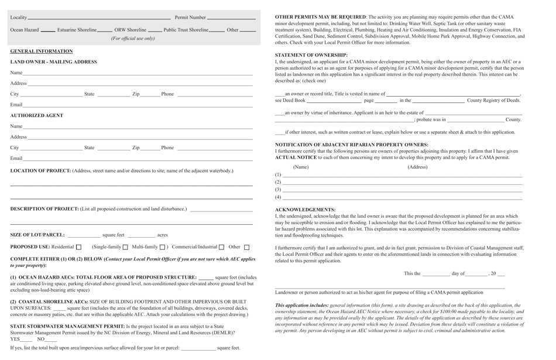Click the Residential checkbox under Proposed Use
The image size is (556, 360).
[x=79, y=247]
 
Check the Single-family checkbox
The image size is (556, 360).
[x=125, y=247]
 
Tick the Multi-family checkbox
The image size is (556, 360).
[x=163, y=247]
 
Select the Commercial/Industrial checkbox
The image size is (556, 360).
[x=221, y=247]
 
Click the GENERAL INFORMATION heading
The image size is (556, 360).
[x=41, y=52]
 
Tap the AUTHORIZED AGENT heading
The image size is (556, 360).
[x=36, y=115]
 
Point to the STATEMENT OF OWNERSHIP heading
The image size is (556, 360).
[x=311, y=55]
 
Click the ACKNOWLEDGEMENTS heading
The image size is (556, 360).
[x=305, y=210]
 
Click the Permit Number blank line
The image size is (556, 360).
[x=231, y=18]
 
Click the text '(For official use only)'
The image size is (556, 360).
[x=133, y=39]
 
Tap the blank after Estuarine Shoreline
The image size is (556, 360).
[x=105, y=30]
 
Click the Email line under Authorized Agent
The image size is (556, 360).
[x=138, y=159]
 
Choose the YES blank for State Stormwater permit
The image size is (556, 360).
[x=26, y=340]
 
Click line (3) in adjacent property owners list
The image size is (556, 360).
[x=403, y=190]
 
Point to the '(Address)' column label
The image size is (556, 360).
[x=417, y=167]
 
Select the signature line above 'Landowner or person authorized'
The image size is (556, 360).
[x=390, y=288]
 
